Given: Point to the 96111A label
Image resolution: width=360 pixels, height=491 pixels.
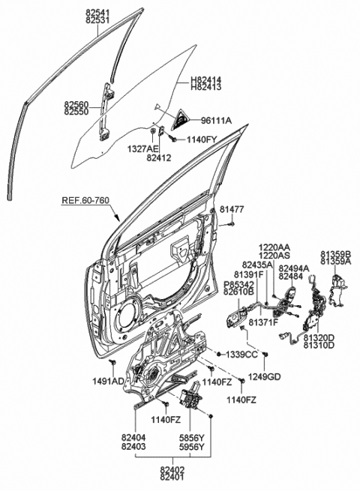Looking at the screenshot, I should (x=214, y=121).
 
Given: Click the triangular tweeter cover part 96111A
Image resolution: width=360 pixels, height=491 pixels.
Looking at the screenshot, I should (x=181, y=118).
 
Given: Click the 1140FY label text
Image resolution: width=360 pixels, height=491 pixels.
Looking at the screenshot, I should (x=202, y=139).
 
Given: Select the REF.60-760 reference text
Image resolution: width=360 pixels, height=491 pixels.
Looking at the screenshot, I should (x=88, y=201).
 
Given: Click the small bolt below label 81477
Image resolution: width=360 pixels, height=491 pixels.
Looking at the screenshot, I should (x=233, y=222).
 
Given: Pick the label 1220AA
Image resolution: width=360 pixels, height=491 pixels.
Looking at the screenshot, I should (x=275, y=246).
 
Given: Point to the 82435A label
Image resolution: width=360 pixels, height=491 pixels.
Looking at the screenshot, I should (x=257, y=265).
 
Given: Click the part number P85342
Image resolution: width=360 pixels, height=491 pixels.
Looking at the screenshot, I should (x=239, y=285).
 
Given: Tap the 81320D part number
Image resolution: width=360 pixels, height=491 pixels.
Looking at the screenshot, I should (x=319, y=338).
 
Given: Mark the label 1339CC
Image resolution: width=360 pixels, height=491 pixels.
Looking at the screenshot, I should (x=241, y=354).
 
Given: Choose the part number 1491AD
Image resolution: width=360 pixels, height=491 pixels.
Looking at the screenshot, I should (x=109, y=381).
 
